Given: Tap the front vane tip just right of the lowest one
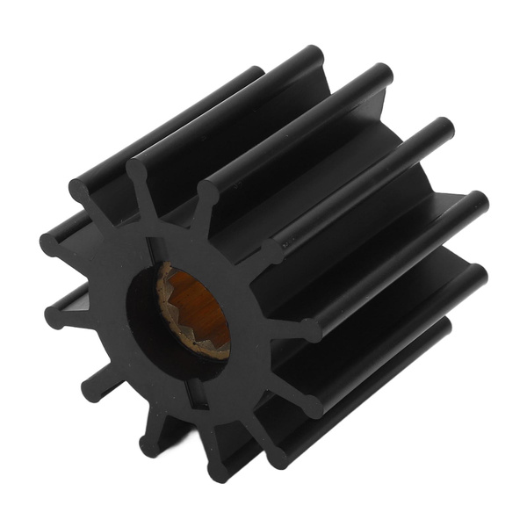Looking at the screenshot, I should pyautogui.click(x=278, y=457).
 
